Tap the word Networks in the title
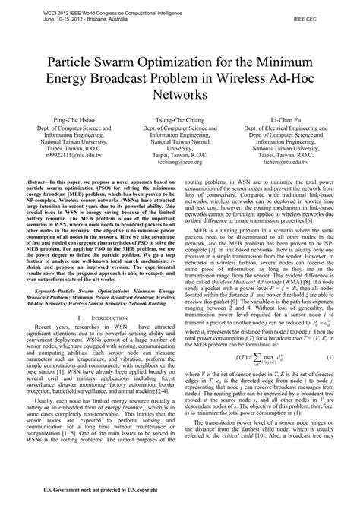[179, 96]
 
